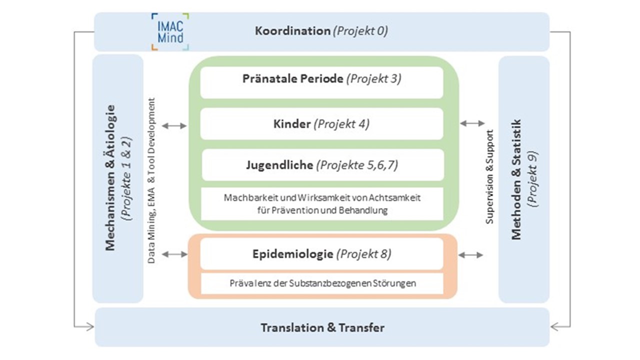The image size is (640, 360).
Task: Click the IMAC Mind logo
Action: click(x=170, y=31)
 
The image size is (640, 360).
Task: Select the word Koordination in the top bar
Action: click(x=292, y=31)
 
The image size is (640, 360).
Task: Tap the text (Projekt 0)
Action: click(x=360, y=31)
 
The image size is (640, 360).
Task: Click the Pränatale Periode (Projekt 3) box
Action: click(x=321, y=82)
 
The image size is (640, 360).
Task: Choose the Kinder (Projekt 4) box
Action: click(x=321, y=123)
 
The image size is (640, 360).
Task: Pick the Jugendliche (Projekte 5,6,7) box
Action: click(x=323, y=165)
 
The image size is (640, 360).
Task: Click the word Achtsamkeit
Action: click(x=394, y=197)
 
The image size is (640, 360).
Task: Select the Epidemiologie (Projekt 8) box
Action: click(x=321, y=253)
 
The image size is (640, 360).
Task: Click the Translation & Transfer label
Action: click(x=322, y=327)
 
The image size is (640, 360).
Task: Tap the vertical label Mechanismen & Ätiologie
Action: click(x=110, y=177)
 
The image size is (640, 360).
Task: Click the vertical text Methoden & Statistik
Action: click(x=516, y=179)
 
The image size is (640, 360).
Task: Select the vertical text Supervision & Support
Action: click(x=489, y=177)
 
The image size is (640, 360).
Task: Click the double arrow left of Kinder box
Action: click(x=174, y=125)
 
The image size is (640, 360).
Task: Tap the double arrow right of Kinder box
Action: click(x=472, y=123)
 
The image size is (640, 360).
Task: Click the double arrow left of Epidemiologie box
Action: click(x=175, y=254)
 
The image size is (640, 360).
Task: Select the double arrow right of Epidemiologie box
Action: click(x=471, y=255)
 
